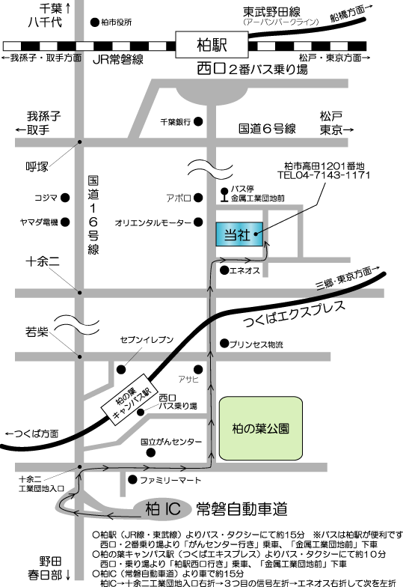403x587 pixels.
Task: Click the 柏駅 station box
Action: click(212, 45)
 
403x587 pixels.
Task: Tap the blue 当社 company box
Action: click(239, 234)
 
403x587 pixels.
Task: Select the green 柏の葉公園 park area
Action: click(260, 428)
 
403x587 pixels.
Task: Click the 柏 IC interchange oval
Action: click(163, 509)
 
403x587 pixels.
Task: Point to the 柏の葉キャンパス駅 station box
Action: click(130, 400)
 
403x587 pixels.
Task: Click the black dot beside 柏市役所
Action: click(95, 22)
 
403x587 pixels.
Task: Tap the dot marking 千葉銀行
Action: click(198, 121)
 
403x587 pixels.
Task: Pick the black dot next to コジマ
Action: click(65, 198)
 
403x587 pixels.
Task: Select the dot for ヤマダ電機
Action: click(65, 222)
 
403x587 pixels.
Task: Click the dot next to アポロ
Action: click(198, 198)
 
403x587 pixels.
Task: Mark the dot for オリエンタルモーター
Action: click(198, 222)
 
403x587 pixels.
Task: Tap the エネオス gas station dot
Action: click(224, 270)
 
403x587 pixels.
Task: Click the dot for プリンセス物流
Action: click(224, 343)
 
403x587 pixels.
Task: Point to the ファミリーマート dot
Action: click(132, 479)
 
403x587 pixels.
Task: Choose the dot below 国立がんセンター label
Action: click(151, 453)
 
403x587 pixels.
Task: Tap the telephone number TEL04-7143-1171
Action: click(324, 175)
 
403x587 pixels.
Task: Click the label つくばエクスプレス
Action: click(295, 314)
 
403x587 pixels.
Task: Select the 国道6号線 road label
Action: click(268, 129)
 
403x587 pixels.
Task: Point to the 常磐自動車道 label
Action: click(242, 509)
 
